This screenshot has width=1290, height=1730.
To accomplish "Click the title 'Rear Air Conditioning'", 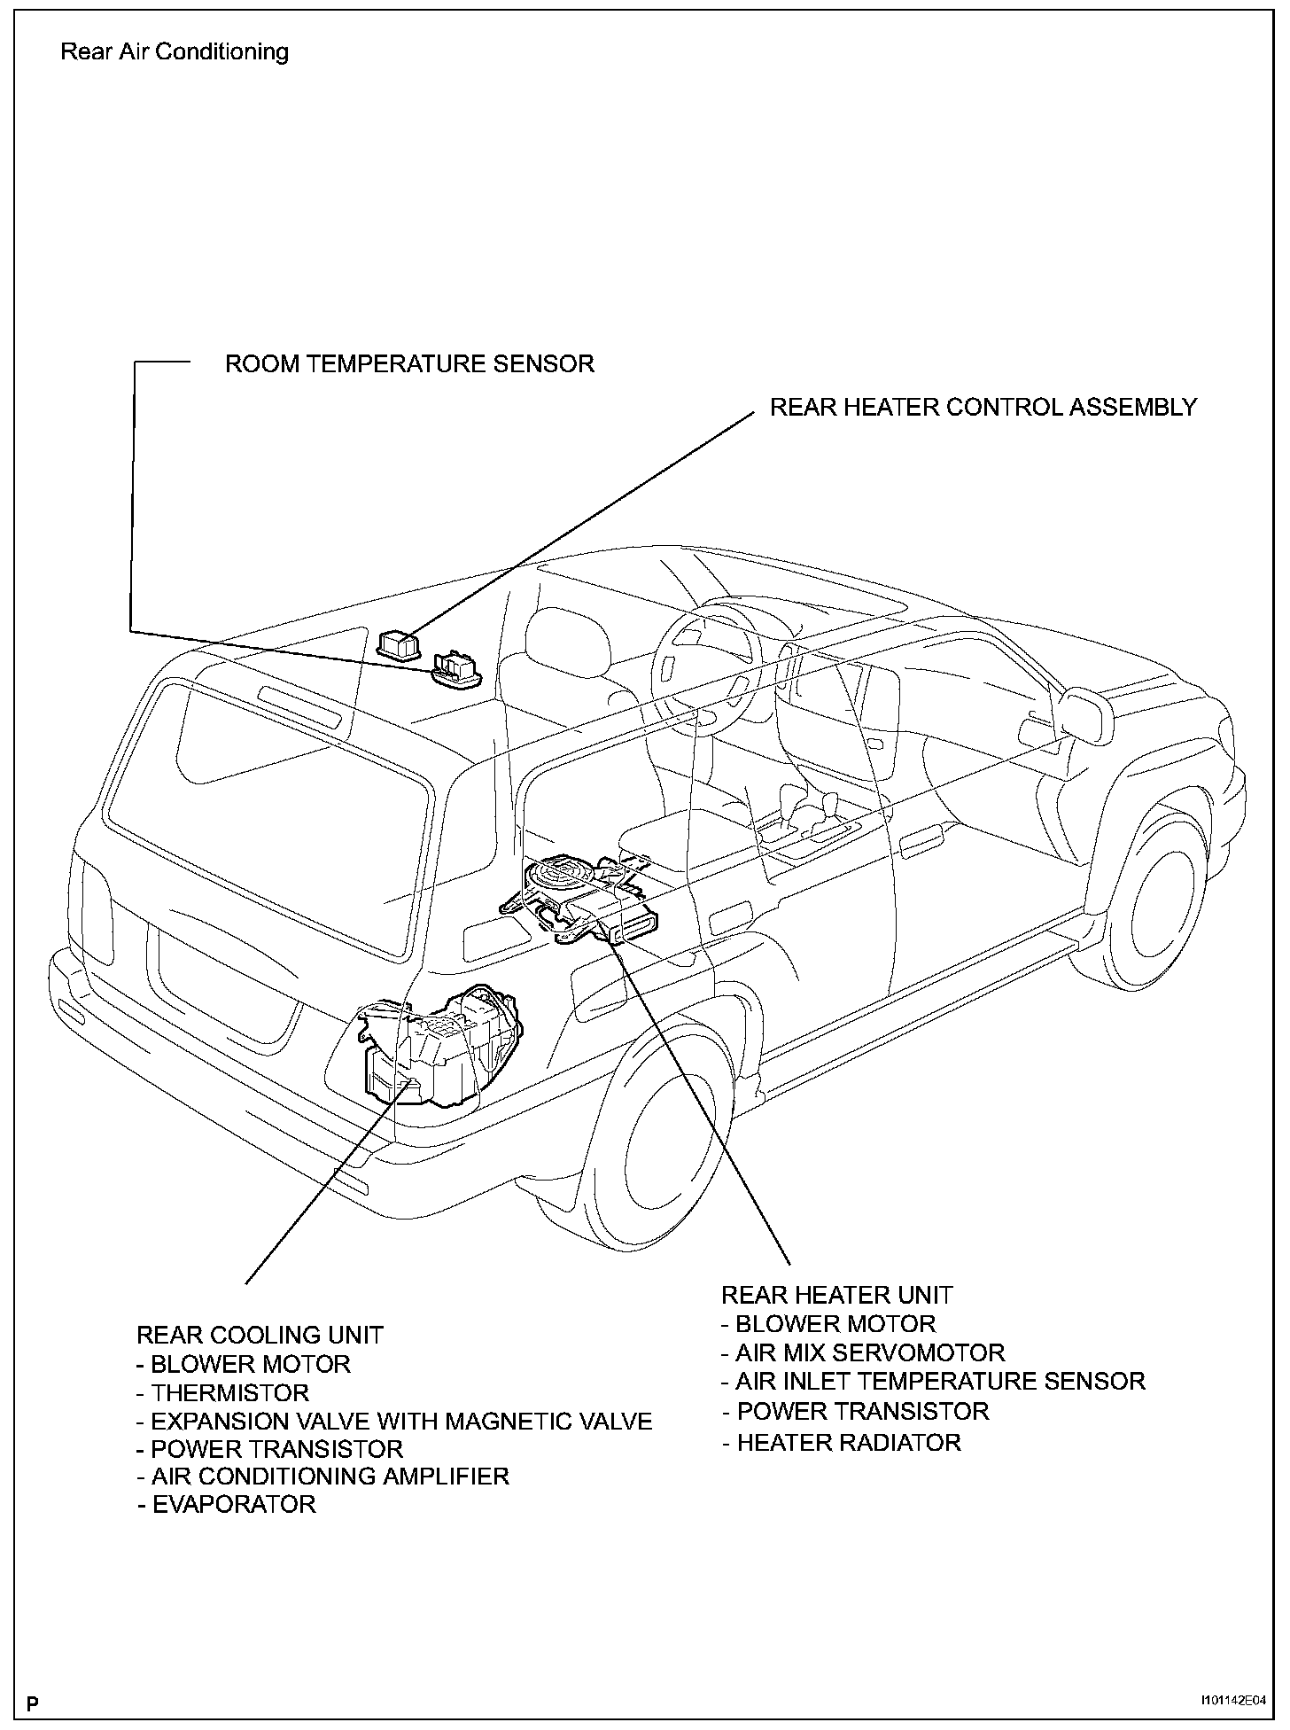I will (175, 51).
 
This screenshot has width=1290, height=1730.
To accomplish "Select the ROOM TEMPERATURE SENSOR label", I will (409, 363).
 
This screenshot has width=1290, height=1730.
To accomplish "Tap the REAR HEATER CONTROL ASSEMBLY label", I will (983, 407).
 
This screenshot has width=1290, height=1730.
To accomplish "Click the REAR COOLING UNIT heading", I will (260, 1335).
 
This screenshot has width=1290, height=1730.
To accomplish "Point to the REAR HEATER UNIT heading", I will (836, 1295).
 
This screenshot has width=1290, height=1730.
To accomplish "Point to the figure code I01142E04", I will (1233, 1702).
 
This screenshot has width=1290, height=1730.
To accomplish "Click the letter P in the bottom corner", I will (33, 1703).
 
